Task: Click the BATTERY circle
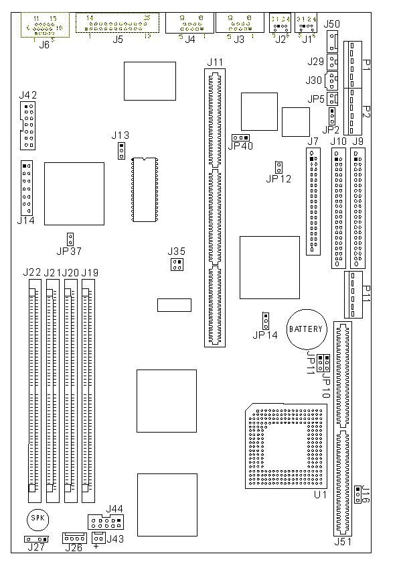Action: (306, 329)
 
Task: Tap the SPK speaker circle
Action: (38, 519)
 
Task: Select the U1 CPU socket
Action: (285, 446)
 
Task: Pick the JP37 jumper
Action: (70, 239)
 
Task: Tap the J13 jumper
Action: (121, 151)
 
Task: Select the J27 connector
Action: (37, 539)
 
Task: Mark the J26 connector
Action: (74, 538)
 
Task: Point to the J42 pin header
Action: (27, 125)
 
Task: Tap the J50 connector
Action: (331, 42)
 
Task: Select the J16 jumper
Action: (358, 495)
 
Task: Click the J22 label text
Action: (31, 272)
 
